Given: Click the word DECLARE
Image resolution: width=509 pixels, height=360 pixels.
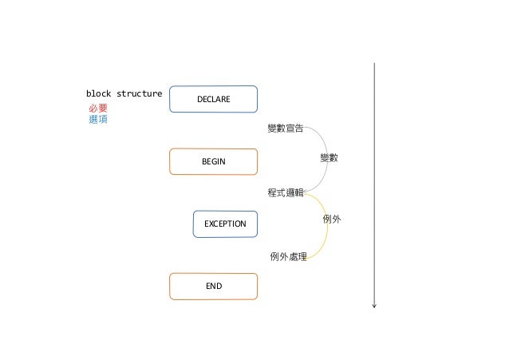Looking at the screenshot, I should (x=213, y=99).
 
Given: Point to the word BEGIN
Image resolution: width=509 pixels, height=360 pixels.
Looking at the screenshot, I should (x=213, y=161).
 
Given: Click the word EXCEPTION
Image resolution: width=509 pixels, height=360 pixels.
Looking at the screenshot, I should (x=225, y=224).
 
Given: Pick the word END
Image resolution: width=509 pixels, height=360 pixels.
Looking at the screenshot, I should (x=213, y=286).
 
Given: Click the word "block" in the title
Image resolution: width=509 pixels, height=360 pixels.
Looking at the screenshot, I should (x=99, y=93).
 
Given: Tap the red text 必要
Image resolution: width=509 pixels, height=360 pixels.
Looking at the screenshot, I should (x=97, y=108).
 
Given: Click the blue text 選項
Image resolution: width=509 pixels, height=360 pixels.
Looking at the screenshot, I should (x=97, y=119).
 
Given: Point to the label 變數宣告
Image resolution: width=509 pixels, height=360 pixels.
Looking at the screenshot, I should (x=285, y=128).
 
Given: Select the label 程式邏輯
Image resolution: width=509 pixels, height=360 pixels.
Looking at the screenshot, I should (x=285, y=192).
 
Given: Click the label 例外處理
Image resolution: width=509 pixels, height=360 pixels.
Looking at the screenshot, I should (x=288, y=256).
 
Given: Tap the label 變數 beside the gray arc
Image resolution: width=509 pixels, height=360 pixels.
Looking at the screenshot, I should (x=329, y=158).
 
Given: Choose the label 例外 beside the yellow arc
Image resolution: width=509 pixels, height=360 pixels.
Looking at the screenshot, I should (x=331, y=218).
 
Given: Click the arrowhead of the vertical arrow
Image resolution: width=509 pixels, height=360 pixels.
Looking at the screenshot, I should (x=373, y=303).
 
